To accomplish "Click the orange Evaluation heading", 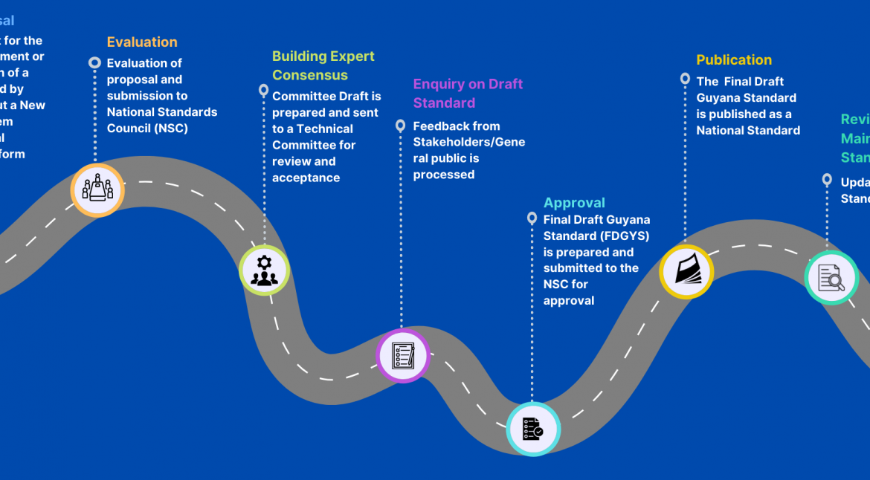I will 142,42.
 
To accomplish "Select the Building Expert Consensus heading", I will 323,65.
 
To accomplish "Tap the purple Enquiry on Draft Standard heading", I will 468,94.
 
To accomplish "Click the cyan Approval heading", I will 574,203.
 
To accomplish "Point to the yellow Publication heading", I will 734,60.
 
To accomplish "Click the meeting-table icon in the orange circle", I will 97,189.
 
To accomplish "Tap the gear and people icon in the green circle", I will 264,270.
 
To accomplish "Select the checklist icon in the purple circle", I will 403,356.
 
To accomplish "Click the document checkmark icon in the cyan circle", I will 532,429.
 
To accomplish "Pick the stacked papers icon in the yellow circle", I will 686,271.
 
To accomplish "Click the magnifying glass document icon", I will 831,278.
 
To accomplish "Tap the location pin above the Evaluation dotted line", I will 94,63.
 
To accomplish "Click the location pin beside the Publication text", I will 685,78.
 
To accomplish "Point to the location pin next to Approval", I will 532,218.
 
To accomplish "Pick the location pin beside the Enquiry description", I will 400,126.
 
